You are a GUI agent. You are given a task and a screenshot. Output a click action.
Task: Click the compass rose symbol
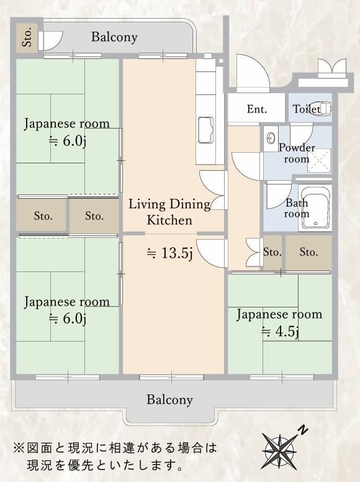pos(280,452)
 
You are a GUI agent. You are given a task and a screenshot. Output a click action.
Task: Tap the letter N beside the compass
pos(303,430)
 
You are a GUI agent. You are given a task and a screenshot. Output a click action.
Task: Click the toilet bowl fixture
pos(321,108)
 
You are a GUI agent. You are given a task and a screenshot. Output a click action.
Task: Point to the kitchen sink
pos(205,130)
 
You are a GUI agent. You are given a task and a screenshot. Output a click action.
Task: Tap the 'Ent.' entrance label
pos(257,109)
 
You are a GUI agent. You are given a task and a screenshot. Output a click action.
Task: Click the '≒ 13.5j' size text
pos(169,253)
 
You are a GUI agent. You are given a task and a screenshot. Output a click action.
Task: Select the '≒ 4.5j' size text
pos(280,332)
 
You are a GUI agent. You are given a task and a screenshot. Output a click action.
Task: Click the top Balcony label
pos(114,37)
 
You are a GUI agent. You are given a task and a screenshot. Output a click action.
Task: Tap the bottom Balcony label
pos(169,399)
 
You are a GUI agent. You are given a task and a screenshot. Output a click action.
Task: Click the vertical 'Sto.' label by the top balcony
pos(27,37)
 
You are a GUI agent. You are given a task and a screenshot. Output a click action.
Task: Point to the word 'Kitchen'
pos(169,220)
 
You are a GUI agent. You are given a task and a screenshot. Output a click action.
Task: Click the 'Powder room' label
pos(297,153)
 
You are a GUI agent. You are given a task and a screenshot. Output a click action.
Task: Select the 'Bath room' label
pos(297,208)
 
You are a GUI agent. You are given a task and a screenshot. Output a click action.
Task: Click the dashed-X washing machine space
pos(320,161)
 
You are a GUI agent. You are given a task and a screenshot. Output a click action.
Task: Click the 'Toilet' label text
pos(306,109)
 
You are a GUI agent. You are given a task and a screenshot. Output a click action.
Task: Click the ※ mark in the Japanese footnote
pos(19,448)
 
